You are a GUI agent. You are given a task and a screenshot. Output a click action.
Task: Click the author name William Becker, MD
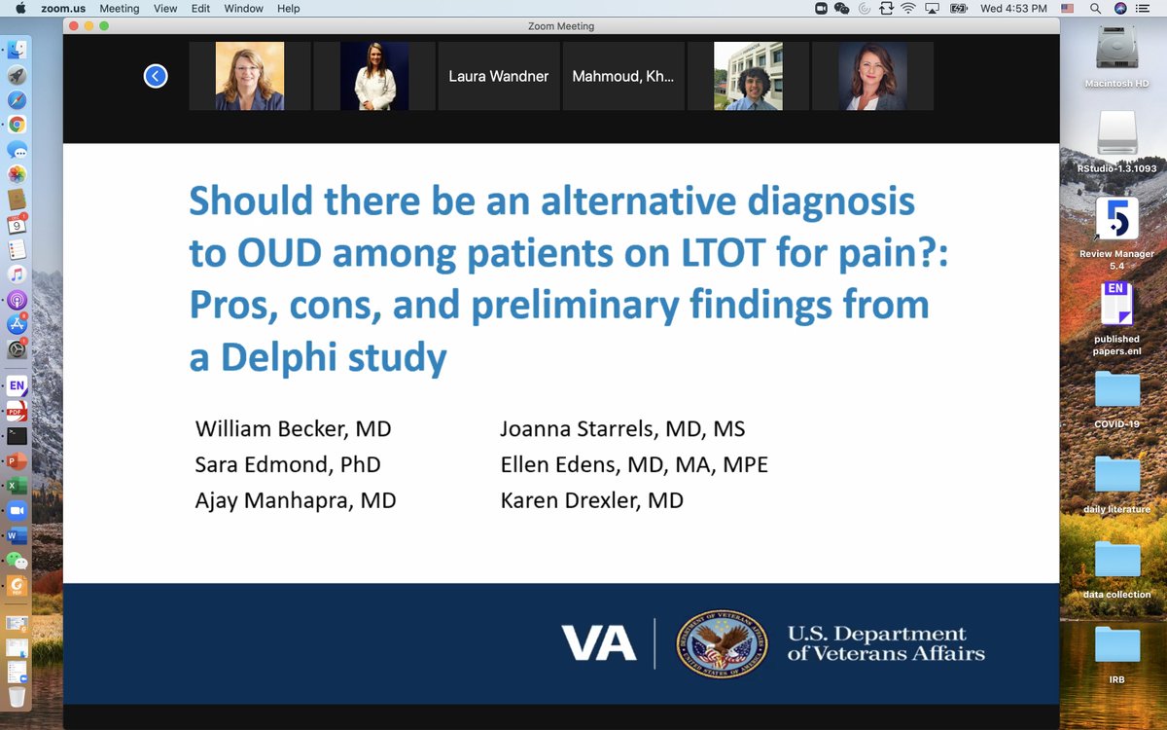point(293,429)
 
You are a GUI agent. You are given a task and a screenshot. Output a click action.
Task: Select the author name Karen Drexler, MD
point(591,501)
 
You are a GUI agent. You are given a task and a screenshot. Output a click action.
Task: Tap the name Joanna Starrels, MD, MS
point(622,429)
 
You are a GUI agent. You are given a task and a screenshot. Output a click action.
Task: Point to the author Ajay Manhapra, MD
point(296,501)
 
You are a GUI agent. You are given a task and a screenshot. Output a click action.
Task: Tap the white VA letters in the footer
point(599,643)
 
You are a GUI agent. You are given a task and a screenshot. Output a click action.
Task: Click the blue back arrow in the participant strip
point(156,76)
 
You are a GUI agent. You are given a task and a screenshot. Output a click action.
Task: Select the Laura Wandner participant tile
point(499,76)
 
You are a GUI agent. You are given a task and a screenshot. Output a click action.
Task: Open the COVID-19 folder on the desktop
point(1116,391)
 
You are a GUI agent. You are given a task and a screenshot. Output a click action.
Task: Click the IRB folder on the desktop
point(1116,646)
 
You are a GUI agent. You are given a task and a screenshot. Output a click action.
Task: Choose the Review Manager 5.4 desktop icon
point(1116,221)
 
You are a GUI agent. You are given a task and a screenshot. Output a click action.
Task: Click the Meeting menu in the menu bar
point(120,9)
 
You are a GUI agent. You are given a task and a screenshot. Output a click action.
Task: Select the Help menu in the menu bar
point(288,9)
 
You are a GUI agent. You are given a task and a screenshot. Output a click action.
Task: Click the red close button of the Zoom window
point(73,26)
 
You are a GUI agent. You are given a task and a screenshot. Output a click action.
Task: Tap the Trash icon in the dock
point(17,697)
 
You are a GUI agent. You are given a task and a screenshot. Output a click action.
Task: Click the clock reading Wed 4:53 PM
point(1013,9)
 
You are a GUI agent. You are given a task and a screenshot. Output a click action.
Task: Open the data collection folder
point(1116,562)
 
